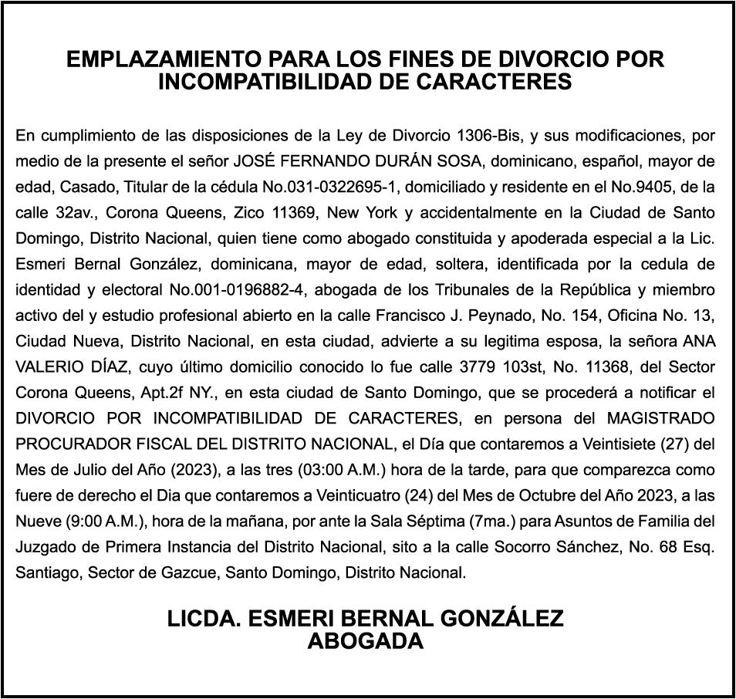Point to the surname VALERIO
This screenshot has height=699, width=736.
49,366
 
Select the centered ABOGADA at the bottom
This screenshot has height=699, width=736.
366,640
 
